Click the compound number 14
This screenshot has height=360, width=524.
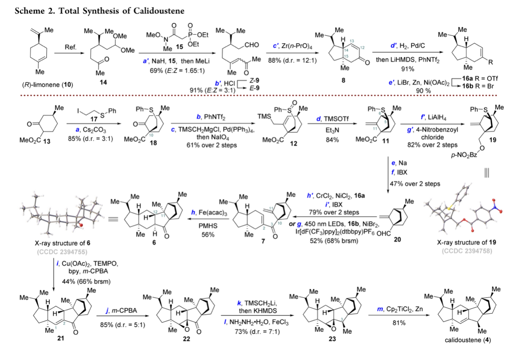(103, 82)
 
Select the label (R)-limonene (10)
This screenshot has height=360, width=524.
(48, 85)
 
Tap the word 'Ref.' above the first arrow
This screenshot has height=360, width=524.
(71, 47)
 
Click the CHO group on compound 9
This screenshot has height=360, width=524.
(252, 45)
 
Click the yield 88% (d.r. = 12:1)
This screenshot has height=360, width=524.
(292, 61)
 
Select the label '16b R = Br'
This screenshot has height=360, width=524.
(478, 86)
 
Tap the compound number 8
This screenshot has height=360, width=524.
(343, 80)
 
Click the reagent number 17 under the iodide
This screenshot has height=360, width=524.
(94, 119)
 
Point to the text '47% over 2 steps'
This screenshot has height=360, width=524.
(415, 184)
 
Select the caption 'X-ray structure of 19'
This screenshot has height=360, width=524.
(466, 242)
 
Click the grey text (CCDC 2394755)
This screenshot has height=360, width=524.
(62, 252)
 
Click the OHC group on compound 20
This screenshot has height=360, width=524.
(384, 234)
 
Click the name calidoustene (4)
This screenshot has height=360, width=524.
(468, 340)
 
